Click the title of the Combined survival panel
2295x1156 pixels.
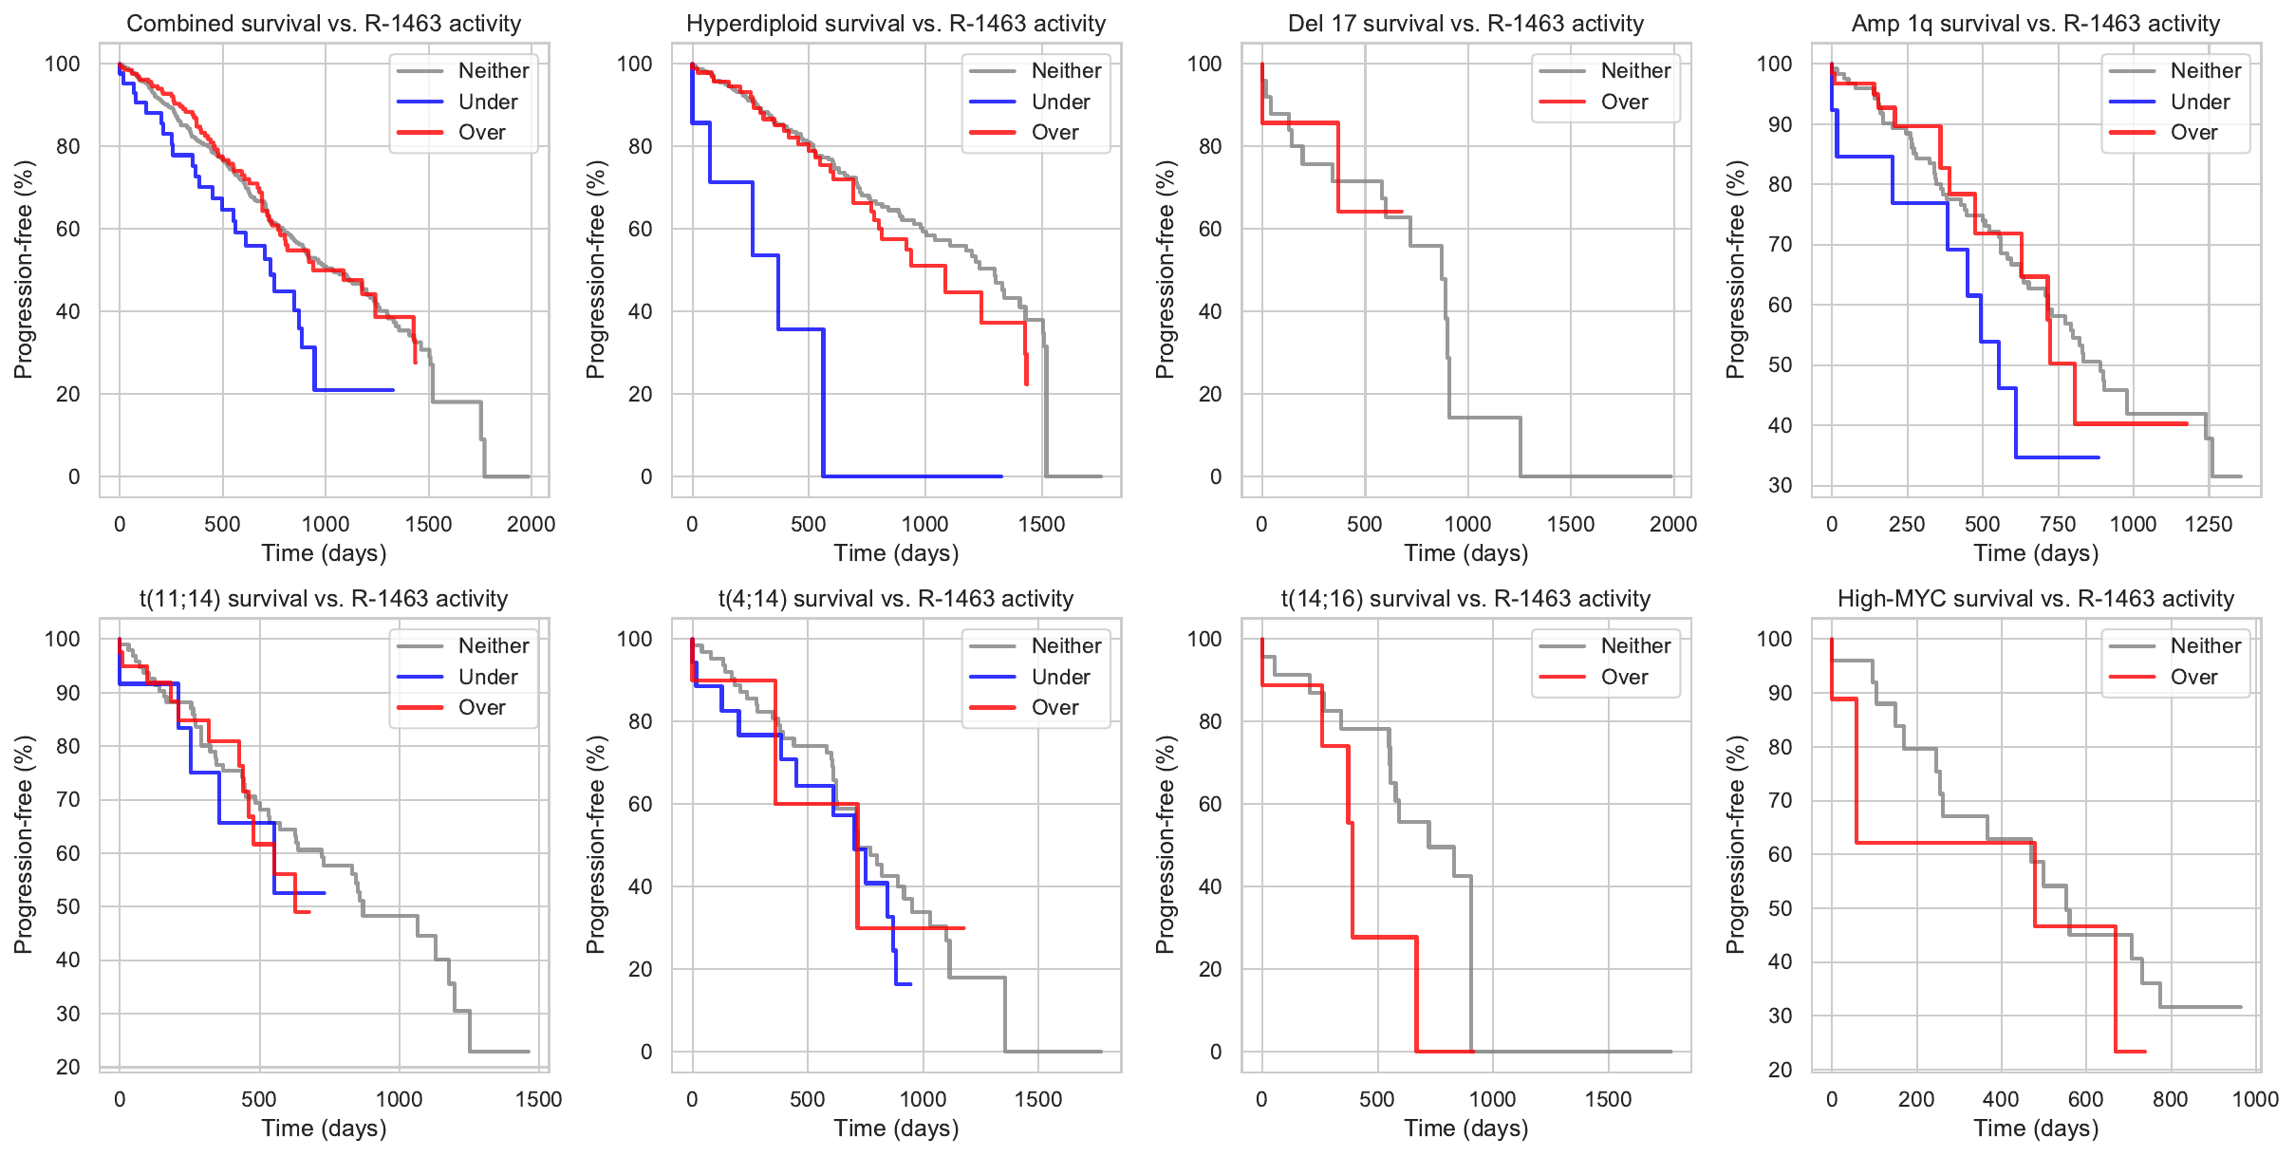point(324,24)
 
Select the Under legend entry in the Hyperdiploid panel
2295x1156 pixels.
point(1059,102)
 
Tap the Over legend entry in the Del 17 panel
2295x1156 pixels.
point(1623,102)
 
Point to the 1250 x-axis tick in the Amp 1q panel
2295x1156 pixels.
point(2208,524)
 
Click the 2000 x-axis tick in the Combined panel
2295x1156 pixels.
point(531,524)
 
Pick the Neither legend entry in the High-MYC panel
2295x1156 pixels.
point(2204,645)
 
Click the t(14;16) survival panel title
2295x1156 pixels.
point(1465,599)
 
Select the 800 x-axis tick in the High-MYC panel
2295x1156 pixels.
point(2170,1099)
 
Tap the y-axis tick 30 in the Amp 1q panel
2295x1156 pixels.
point(1781,485)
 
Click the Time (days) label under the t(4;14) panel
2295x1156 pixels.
point(896,1128)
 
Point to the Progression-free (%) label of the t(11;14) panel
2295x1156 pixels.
point(23,844)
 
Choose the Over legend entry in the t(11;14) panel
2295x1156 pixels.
point(481,707)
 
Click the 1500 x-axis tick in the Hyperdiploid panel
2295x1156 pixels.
point(1041,524)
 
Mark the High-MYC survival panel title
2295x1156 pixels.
point(2035,599)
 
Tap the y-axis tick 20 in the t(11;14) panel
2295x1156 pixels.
point(68,1067)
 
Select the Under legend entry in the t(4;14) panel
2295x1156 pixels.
point(1059,677)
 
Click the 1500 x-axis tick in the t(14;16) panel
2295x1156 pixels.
point(1608,1099)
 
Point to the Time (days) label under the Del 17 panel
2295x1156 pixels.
point(1465,553)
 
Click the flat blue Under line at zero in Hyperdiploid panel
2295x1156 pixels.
point(911,476)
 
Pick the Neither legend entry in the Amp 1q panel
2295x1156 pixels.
point(2204,70)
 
